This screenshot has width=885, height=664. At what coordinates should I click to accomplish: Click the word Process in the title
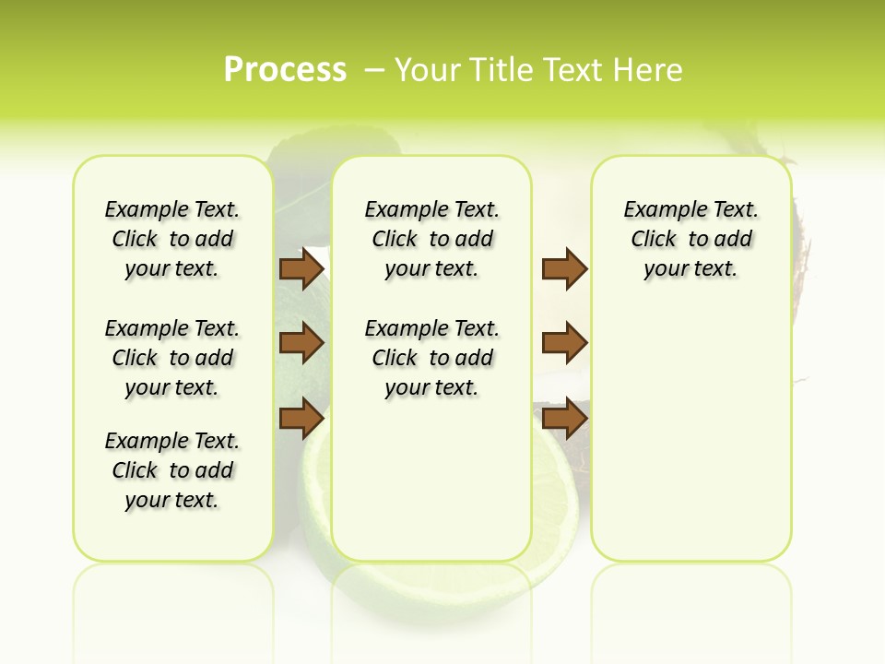[285, 70]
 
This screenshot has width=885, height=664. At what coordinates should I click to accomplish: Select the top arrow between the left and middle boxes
[301, 268]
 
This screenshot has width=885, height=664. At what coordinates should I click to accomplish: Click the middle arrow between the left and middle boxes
[301, 343]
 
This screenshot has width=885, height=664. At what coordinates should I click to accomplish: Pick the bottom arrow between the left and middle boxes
[301, 418]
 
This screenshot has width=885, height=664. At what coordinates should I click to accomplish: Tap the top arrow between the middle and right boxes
[564, 268]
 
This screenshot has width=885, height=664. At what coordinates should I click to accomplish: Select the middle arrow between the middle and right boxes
[564, 343]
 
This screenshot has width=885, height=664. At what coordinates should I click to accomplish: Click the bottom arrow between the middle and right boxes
[564, 418]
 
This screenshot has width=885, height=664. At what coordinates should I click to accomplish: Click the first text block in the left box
[172, 239]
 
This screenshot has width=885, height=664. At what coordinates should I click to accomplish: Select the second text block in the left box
[172, 358]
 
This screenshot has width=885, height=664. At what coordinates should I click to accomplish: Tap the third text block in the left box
[172, 470]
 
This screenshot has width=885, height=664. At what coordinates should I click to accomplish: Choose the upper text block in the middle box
[431, 239]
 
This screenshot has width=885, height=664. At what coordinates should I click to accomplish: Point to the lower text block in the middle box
[431, 358]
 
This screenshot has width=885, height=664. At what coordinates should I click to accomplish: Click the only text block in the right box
[690, 239]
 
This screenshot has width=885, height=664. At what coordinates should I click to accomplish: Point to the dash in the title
[374, 70]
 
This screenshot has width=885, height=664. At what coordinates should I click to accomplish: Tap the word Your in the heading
[425, 70]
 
